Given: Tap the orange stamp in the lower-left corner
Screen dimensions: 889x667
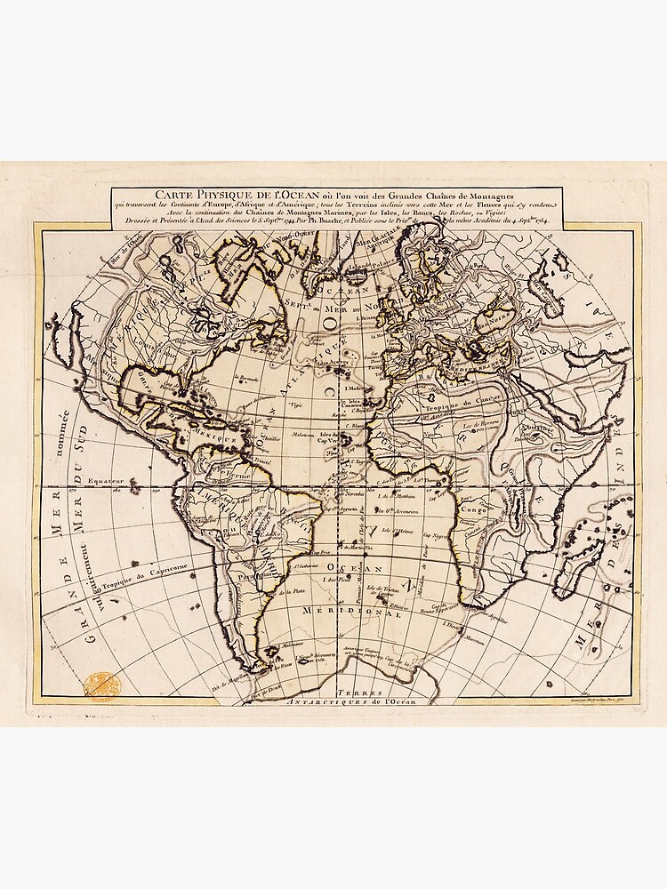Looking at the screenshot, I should coord(100,685).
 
